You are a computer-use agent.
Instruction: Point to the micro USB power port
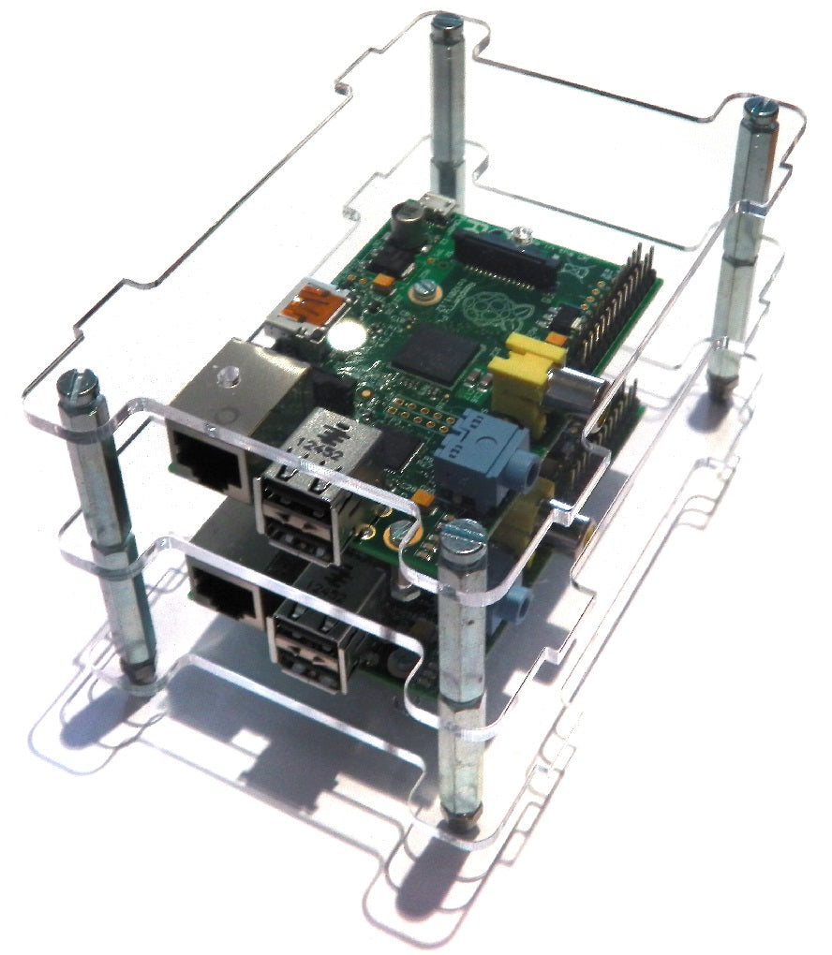tap(438, 203)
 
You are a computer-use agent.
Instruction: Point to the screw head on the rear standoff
tap(448, 20)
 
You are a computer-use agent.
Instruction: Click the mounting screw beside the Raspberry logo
tap(423, 289)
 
